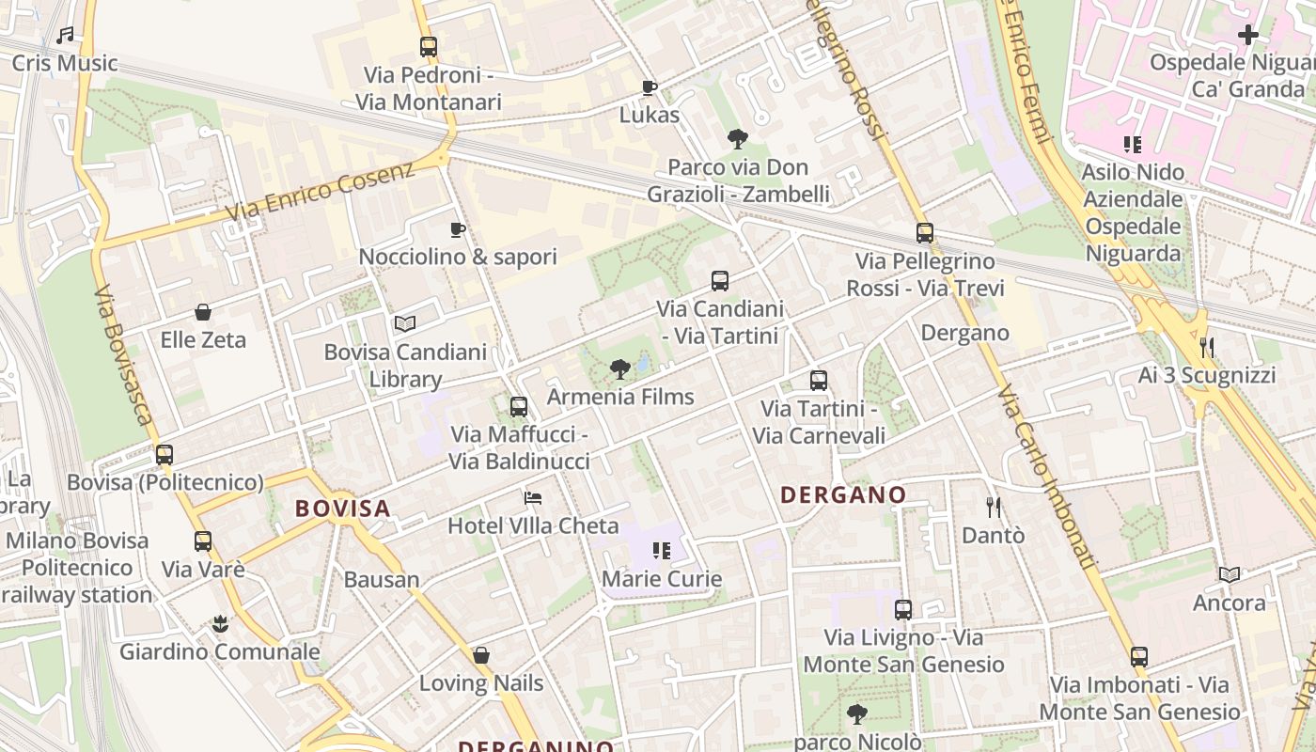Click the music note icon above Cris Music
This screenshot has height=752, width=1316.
[65, 36]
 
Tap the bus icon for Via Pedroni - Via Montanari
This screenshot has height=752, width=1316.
[429, 46]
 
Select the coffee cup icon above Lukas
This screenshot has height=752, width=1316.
[649, 87]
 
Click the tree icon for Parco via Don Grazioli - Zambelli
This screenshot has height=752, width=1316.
[738, 139]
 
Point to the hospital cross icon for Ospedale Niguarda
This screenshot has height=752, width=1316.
[1248, 35]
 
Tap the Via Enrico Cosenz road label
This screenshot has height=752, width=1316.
[320, 193]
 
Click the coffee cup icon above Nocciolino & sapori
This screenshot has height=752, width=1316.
[458, 229]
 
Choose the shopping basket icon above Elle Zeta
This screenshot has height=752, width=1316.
[203, 312]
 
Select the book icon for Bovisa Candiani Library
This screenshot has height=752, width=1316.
[405, 324]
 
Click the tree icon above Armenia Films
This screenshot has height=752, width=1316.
[619, 369]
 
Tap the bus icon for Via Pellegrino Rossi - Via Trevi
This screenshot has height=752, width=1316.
[925, 233]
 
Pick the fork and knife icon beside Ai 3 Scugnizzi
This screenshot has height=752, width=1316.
[1207, 348]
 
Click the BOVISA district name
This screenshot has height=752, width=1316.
[342, 509]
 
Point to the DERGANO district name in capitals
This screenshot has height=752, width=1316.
[843, 494]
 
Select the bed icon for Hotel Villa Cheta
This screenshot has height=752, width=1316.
[533, 497]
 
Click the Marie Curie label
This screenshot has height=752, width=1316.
[662, 578]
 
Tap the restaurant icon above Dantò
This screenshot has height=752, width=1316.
[994, 508]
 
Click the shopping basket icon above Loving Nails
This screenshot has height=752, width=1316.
[481, 655]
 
